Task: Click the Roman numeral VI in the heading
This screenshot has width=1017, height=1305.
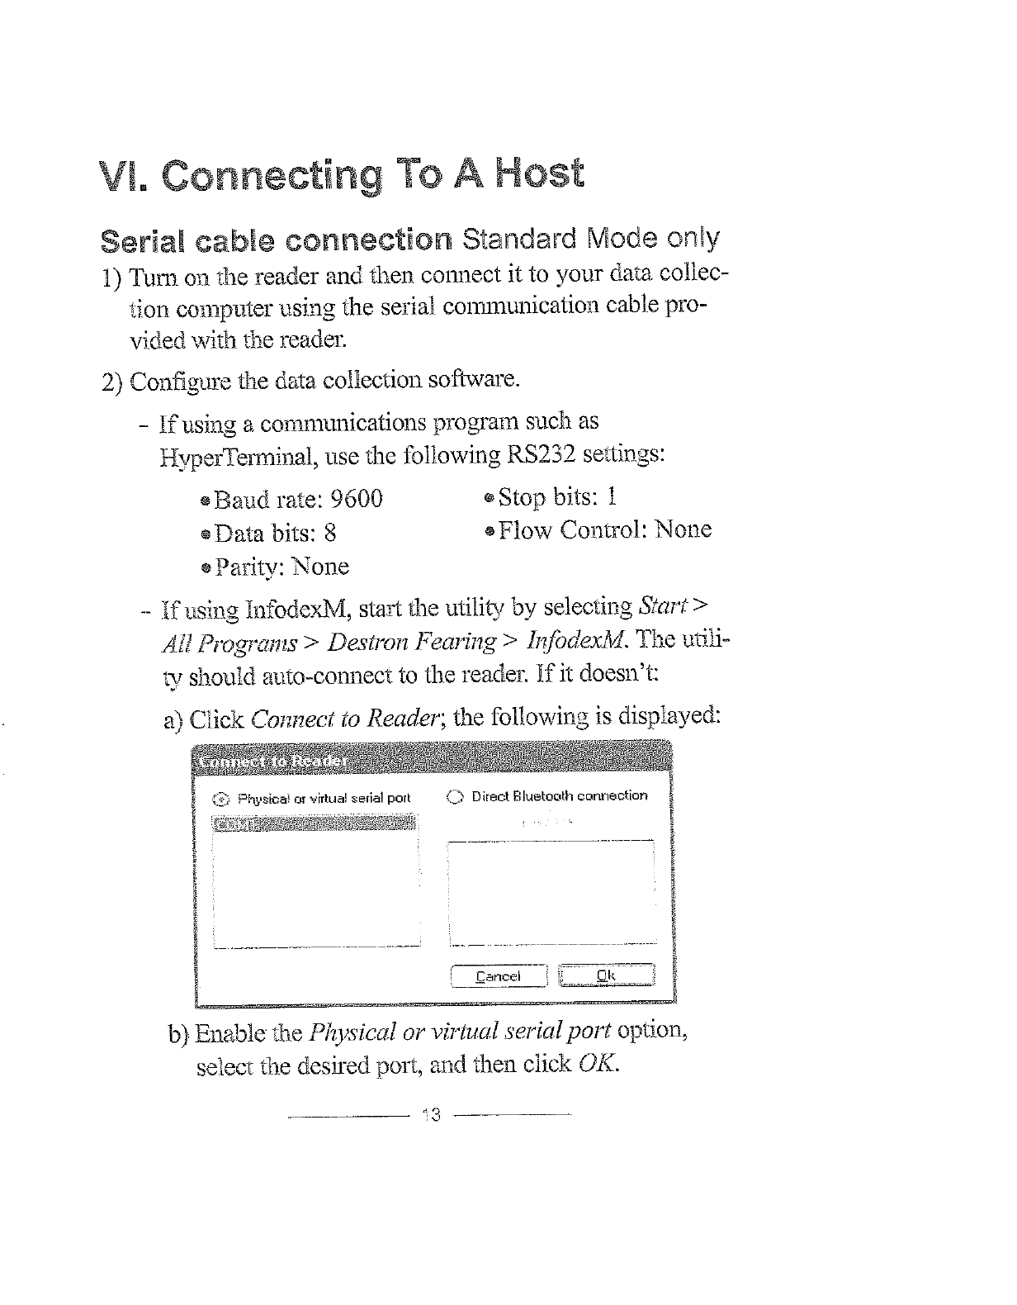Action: [x=119, y=176]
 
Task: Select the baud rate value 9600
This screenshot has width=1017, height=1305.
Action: [x=356, y=499]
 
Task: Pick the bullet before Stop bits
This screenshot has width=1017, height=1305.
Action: [x=489, y=498]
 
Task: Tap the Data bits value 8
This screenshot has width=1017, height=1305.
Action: [x=330, y=533]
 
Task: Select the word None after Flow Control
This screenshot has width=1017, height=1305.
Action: [x=683, y=529]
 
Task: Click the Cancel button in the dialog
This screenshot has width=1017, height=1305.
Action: [x=499, y=976]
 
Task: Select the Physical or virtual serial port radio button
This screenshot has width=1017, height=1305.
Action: [x=220, y=799]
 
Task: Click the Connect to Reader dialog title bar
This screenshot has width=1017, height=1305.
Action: [x=433, y=760]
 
